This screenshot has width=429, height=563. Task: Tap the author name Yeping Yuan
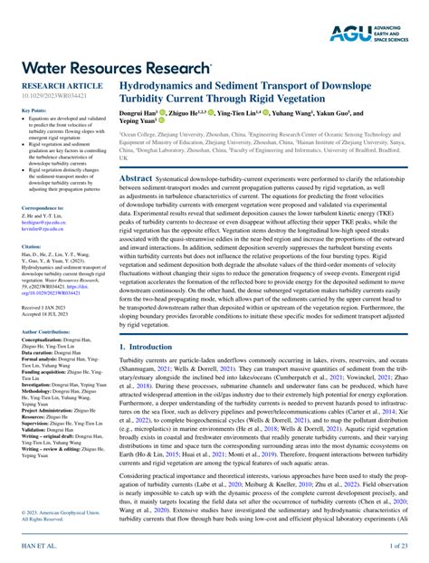[x=139, y=123]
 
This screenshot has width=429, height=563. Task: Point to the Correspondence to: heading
[x=43, y=207]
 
